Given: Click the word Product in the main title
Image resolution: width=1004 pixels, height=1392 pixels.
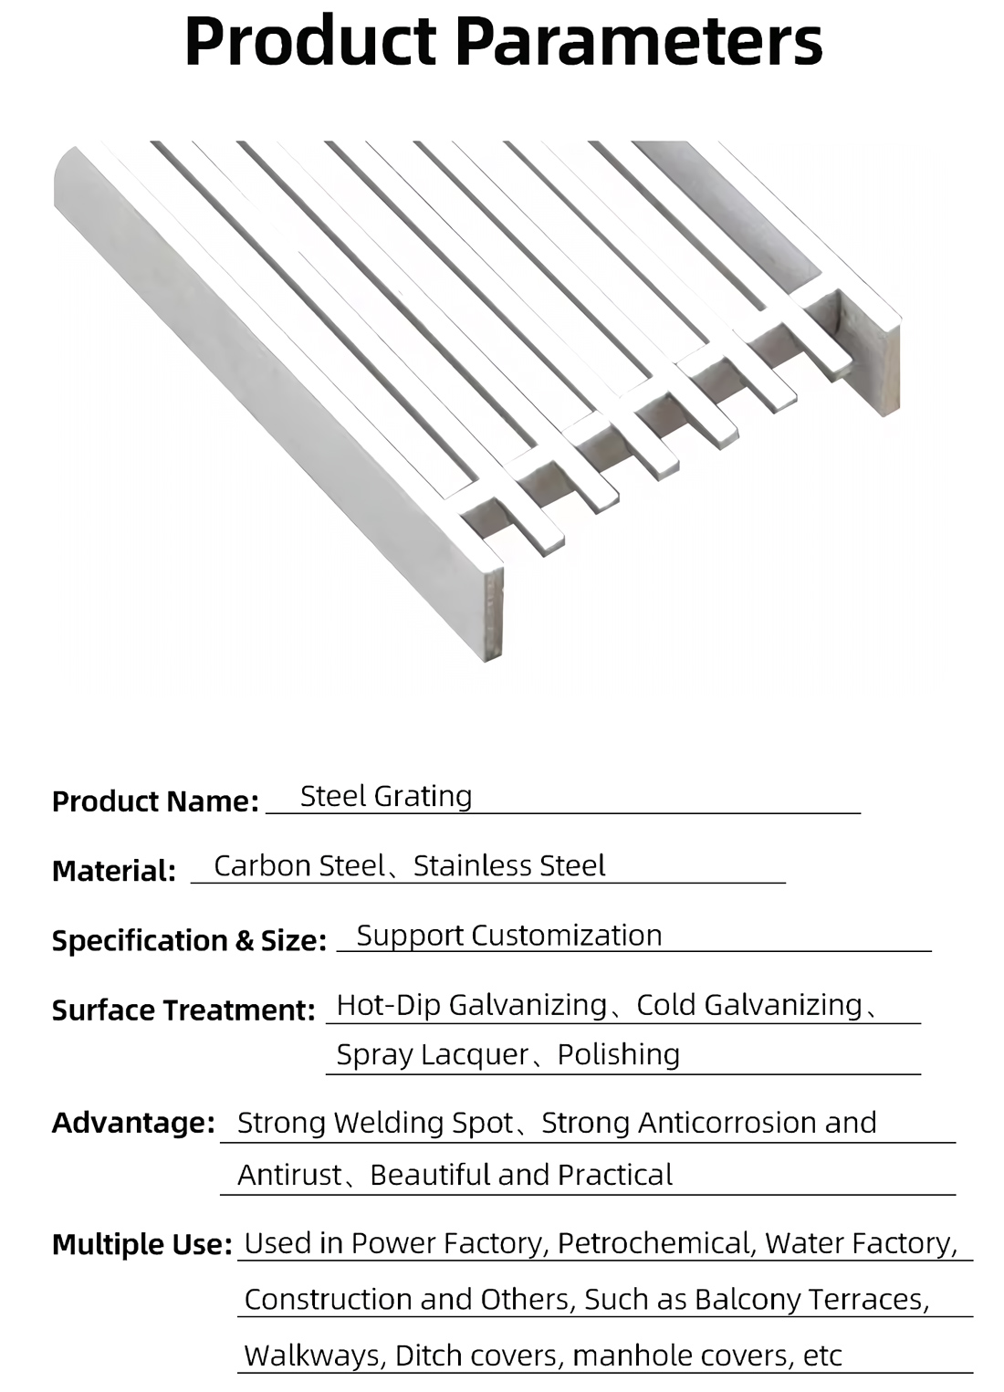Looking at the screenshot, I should point(310,41).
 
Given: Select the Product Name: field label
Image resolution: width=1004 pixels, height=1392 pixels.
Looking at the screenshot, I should point(155,801).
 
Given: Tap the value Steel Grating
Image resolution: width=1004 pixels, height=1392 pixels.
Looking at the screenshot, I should point(386,797).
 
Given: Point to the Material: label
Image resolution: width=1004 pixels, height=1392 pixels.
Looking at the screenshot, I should point(113,871).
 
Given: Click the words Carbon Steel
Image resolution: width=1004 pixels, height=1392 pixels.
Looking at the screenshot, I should point(299,865).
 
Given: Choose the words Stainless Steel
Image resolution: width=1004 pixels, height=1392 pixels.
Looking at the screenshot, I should point(509,865).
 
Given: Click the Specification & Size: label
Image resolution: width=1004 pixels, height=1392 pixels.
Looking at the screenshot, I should point(189,940).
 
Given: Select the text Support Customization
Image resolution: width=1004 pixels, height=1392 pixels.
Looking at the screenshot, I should point(509,936).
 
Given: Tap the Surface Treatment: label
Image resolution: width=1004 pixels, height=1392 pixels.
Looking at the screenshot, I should point(183,1010).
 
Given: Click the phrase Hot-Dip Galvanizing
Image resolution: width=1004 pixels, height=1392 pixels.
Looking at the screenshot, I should point(472,1005).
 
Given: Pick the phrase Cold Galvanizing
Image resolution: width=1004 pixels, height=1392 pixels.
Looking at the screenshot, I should point(749,1005).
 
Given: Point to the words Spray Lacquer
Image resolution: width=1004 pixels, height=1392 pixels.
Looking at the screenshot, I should point(433,1055).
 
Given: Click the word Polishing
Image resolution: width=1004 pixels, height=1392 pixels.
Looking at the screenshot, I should point(619,1055).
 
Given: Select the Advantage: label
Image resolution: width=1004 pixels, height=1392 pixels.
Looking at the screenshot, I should point(133,1123).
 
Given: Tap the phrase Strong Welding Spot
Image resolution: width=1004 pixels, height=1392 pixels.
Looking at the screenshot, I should point(375,1123).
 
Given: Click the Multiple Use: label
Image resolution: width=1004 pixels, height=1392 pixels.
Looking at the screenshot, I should point(142,1244).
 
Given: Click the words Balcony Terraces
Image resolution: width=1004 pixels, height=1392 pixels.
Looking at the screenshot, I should point(811,1299).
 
